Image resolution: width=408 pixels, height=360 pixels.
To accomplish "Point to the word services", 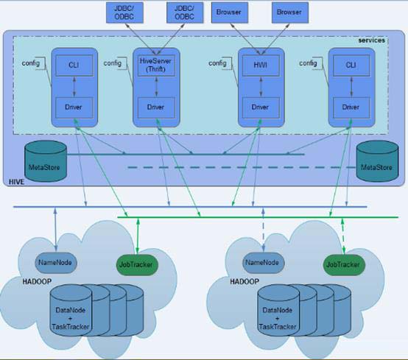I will pos(372,40).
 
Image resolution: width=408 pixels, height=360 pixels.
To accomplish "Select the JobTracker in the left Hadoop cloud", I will pos(138,264).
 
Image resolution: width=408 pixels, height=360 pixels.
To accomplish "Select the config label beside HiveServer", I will pos(113,63).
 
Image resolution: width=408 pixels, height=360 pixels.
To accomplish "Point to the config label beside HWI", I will pos(218,63).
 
